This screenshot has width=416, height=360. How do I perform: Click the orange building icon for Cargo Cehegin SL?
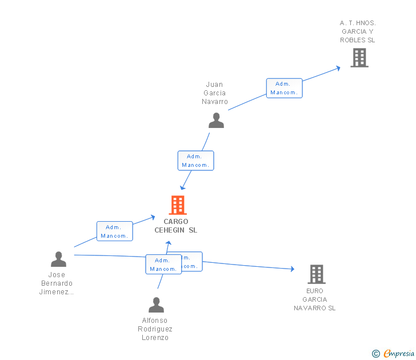pyautogui.click(x=178, y=205)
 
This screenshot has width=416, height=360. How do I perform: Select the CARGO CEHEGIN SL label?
pyautogui.click(x=175, y=226)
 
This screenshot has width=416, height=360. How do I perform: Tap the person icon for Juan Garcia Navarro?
pyautogui.click(x=216, y=121)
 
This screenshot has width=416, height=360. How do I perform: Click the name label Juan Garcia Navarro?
pyautogui.click(x=215, y=93)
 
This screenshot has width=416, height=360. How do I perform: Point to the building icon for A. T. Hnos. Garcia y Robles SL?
pyautogui.click(x=359, y=58)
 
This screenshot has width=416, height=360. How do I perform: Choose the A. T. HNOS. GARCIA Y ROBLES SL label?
pyautogui.click(x=358, y=32)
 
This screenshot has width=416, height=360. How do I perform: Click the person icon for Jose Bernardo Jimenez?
pyautogui.click(x=58, y=259)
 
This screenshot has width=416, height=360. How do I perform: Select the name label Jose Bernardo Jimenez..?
pyautogui.click(x=57, y=283)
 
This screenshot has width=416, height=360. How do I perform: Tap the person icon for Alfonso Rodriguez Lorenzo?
pyautogui.click(x=156, y=305)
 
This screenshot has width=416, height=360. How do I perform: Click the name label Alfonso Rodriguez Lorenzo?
pyautogui.click(x=155, y=329)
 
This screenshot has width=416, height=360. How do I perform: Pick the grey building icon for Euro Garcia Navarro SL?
pyautogui.click(x=316, y=274)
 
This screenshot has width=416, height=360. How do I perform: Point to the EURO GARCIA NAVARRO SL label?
pyautogui.click(x=315, y=299)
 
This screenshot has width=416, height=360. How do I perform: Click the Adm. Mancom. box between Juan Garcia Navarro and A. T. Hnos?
pyautogui.click(x=284, y=88)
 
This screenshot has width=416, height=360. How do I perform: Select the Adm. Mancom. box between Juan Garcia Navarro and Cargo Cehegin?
pyautogui.click(x=195, y=161)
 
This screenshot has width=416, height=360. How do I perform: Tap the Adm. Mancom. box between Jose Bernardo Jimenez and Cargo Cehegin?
pyautogui.click(x=114, y=231)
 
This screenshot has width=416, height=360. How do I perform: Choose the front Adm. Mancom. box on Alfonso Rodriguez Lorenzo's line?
pyautogui.click(x=163, y=265)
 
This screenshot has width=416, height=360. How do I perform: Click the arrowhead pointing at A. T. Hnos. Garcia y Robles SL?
pyautogui.click(x=338, y=67)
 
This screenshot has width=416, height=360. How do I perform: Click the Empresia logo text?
pyautogui.click(x=398, y=353)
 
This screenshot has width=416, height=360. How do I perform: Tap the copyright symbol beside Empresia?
pyautogui.click(x=376, y=354)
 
